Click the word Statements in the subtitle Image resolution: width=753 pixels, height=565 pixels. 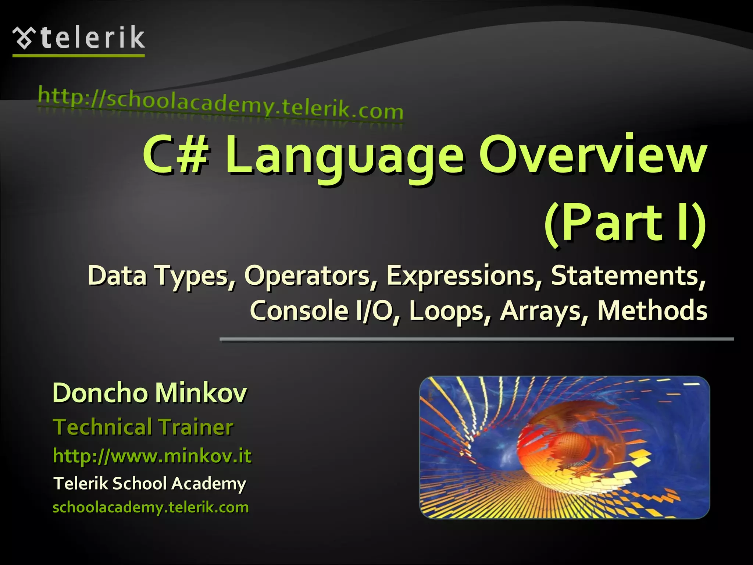(627, 276)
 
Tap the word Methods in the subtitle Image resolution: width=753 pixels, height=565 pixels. (652, 310)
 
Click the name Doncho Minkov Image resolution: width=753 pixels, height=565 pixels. (150, 393)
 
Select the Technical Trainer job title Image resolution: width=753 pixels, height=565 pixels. (143, 427)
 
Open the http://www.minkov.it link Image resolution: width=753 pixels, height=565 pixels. (152, 456)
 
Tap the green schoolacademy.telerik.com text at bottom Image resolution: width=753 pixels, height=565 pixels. (151, 507)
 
